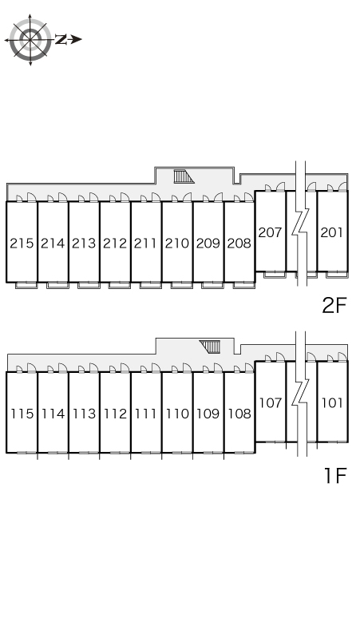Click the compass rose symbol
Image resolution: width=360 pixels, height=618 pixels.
(30, 39)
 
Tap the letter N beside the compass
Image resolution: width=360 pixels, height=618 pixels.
(61, 39)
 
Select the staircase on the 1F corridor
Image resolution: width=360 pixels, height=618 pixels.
(209, 347)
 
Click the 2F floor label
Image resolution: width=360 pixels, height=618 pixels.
(334, 305)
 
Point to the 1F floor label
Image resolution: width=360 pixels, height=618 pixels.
(335, 475)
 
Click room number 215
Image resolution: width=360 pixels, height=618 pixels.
(22, 244)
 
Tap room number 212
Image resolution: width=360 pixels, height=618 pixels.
(115, 244)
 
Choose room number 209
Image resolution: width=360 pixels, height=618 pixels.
(208, 244)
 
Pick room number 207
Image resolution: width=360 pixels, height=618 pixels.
(270, 232)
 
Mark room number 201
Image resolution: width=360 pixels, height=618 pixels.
(332, 232)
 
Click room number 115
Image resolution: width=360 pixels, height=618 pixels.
(22, 414)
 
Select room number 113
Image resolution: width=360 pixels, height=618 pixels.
(84, 414)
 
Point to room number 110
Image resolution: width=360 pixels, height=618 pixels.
(177, 414)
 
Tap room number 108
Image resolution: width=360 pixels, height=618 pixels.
(239, 414)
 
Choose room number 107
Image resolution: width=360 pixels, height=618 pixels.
(271, 402)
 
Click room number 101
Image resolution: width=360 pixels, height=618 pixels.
(332, 402)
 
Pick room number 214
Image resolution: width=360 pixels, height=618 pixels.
(53, 244)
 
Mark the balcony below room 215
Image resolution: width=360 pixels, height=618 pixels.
(26, 285)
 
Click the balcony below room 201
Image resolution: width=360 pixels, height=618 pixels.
(337, 275)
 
